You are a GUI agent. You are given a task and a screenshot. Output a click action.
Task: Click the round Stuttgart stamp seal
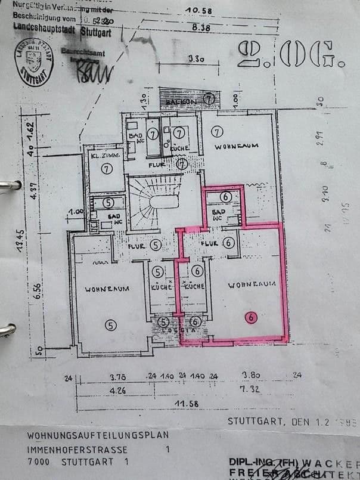[x=32, y=62]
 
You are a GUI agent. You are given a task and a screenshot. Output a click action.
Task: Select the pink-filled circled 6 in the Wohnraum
[x=251, y=317]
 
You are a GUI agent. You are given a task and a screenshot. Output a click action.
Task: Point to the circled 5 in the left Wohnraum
[x=110, y=324]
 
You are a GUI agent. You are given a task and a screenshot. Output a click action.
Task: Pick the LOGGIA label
[x=181, y=327]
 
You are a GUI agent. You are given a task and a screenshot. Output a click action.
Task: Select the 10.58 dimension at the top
[x=200, y=10]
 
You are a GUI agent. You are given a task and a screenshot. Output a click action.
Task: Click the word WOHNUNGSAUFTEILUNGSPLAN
[x=98, y=435]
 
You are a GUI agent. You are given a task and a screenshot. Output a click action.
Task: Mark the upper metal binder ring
[x=9, y=185]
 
